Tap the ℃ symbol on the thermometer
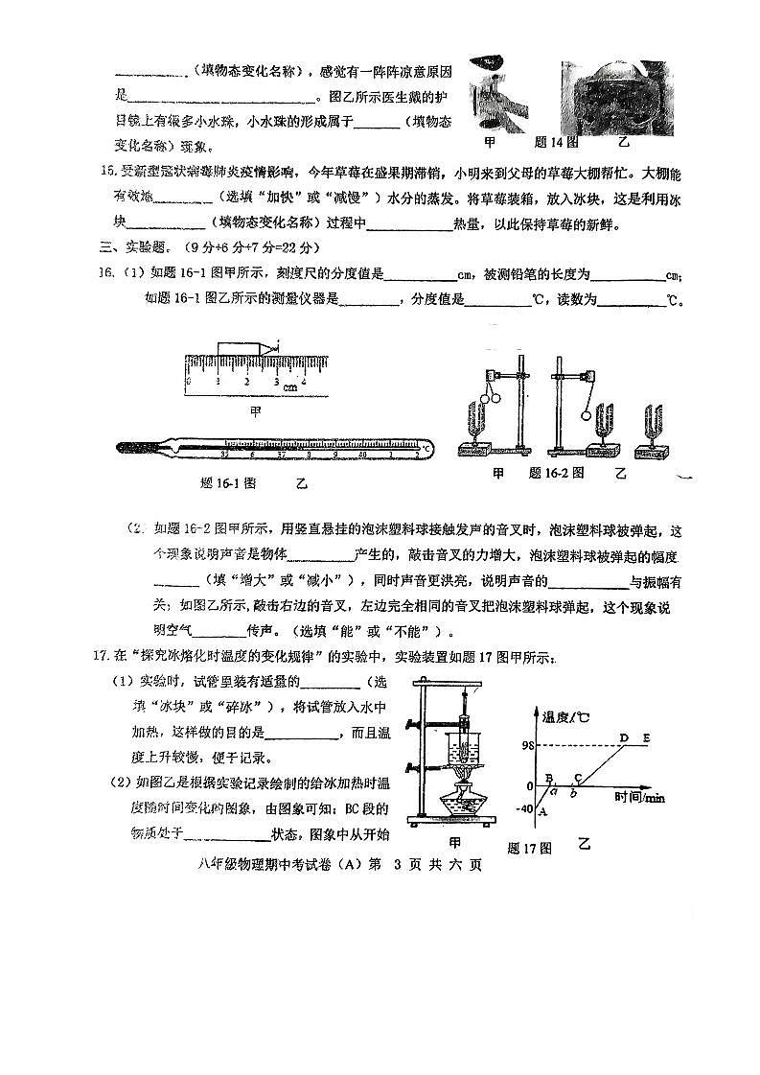point(426,447)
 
